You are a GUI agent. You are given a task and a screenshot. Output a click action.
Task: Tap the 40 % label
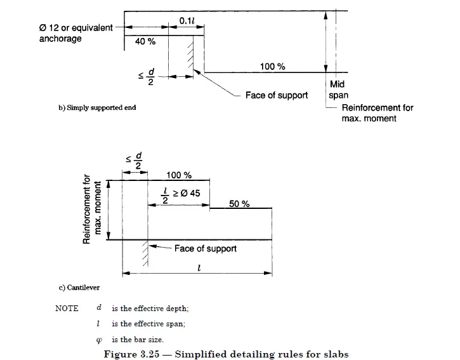[145, 41]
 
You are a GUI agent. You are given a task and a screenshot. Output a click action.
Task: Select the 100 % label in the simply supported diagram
[272, 67]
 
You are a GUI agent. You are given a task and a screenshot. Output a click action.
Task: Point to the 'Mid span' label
[338, 90]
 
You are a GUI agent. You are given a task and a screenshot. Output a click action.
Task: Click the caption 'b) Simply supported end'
[97, 107]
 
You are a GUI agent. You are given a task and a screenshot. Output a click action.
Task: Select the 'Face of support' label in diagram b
[277, 95]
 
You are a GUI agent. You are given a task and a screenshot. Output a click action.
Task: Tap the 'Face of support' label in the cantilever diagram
[205, 248]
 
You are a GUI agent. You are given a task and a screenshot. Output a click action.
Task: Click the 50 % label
[239, 204]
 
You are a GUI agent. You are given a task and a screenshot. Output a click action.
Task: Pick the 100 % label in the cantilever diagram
[178, 175]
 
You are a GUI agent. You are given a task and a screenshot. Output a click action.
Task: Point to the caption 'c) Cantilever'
[79, 288]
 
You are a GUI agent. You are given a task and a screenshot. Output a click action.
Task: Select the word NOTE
[67, 309]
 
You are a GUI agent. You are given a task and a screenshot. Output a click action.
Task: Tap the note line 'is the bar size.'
[137, 339]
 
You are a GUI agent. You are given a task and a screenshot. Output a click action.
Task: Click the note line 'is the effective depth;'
[150, 309]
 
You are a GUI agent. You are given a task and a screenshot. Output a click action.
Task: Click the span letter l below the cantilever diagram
[199, 268]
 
